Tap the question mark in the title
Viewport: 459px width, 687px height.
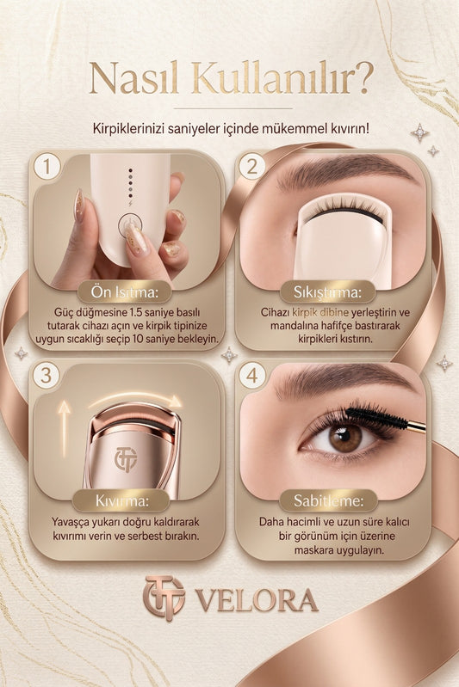(363, 77)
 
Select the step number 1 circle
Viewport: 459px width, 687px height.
(47, 166)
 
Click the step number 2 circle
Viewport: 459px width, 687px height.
(251, 166)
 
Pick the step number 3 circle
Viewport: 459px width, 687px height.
(47, 376)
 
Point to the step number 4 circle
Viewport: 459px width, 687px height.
(251, 376)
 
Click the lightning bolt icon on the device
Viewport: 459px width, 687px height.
(130, 203)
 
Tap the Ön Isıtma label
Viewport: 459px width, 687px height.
(124, 292)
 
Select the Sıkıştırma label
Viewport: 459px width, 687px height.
(327, 292)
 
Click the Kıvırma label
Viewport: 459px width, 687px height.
(121, 500)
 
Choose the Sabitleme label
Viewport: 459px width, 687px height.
(328, 500)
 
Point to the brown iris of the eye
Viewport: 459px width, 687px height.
(345, 439)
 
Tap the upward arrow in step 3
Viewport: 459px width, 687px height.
(64, 429)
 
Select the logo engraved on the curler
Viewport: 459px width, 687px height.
(126, 459)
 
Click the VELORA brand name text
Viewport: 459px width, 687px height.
(257, 600)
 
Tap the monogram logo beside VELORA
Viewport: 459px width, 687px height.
(164, 598)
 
